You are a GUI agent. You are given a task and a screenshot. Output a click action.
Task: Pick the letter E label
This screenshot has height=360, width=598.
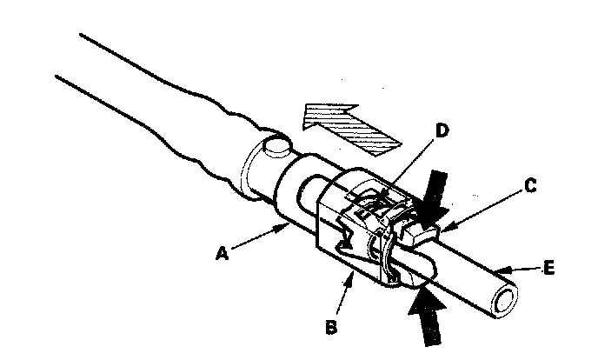(x=548, y=269)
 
